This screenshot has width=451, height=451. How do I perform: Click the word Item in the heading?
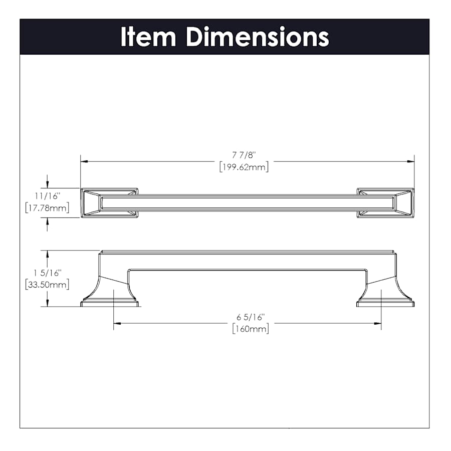(x=148, y=37)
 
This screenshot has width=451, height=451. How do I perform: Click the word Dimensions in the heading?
(x=258, y=37)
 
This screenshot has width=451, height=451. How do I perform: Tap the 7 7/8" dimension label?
(x=244, y=155)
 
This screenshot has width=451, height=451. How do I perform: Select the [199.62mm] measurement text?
(x=244, y=167)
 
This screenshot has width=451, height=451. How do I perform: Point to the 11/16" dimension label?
(x=48, y=196)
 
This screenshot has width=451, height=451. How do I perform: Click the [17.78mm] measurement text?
(x=47, y=207)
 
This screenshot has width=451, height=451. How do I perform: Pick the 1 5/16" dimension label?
(x=48, y=273)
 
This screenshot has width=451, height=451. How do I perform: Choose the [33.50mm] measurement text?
(x=47, y=285)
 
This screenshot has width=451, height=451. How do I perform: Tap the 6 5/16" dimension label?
(x=250, y=317)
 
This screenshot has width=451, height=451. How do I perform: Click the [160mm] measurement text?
(x=251, y=328)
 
